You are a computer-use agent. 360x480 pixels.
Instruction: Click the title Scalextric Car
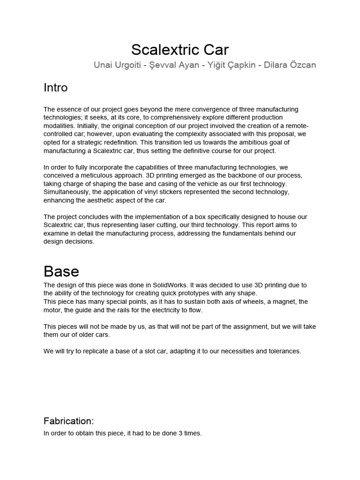tap(180, 49)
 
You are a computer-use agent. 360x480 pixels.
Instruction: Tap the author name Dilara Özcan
tap(290, 65)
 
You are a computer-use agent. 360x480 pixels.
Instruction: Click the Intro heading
tap(55, 88)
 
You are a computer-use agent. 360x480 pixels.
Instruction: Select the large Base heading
tap(61, 271)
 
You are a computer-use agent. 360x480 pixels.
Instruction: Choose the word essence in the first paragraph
tap(69, 109)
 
